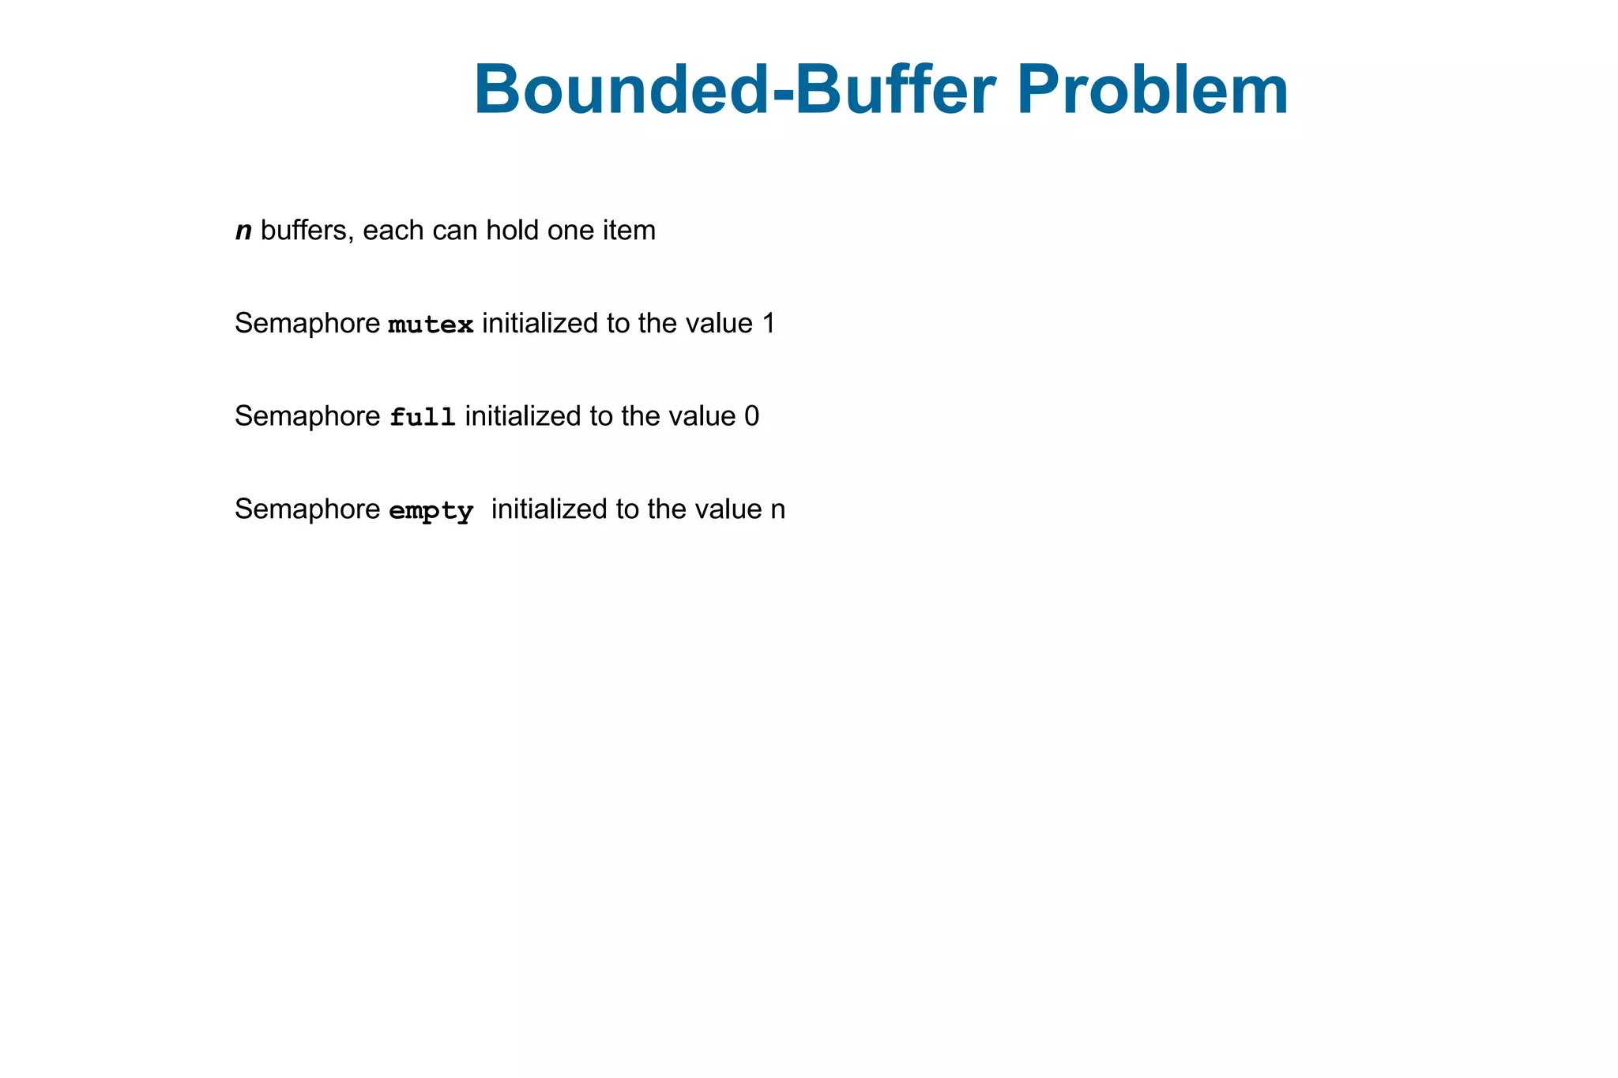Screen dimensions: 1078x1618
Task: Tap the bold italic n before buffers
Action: tap(244, 231)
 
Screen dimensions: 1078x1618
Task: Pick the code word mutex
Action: tap(431, 325)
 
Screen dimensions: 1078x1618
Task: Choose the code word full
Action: tap(423, 417)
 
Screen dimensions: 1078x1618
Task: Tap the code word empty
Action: tap(431, 511)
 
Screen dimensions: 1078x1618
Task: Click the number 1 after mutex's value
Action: tap(768, 324)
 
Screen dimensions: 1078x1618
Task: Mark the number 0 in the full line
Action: tap(751, 416)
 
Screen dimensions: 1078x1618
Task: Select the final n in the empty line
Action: tap(777, 510)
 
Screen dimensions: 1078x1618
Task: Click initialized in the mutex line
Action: tap(540, 324)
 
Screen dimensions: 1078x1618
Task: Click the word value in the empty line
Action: tap(728, 510)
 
